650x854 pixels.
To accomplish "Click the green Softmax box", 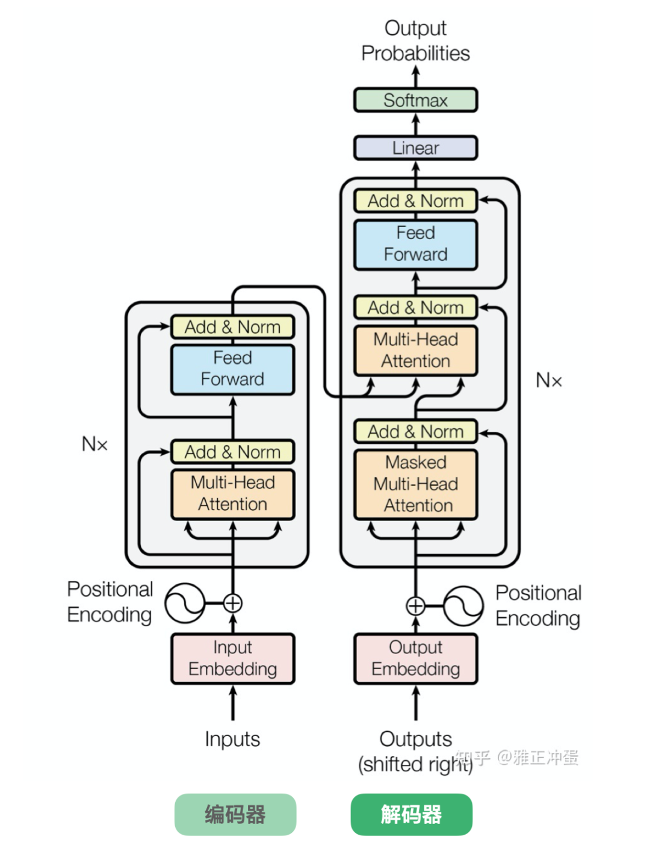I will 415,100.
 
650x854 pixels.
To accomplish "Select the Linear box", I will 415,148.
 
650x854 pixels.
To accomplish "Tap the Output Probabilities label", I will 415,40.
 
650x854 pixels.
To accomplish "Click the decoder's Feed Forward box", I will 415,244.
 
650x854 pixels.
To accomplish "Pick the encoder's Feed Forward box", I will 232,369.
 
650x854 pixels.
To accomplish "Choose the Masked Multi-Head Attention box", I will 415,484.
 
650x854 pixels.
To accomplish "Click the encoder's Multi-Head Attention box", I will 232,494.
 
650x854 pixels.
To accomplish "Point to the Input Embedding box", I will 232,658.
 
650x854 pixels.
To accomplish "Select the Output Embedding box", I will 415,658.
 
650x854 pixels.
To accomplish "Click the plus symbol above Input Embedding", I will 232,603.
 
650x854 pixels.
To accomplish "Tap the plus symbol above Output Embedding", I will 415,606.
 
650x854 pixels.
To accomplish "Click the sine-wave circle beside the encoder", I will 185,603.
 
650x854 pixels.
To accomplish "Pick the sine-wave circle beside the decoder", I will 463,606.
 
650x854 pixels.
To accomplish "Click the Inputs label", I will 232,739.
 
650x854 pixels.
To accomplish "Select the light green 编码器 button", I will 235,814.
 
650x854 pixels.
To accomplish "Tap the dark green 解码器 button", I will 411,814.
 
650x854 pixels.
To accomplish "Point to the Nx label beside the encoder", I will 94,444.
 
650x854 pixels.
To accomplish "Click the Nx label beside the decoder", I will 549,381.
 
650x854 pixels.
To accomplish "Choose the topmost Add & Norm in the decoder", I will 415,201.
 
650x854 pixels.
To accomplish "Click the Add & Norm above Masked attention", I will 415,432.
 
